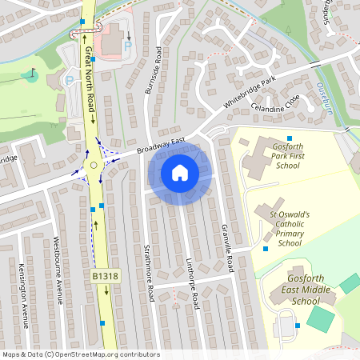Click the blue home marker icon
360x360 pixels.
click(x=180, y=172)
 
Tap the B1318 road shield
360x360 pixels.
click(x=104, y=276)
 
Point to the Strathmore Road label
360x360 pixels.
click(x=146, y=273)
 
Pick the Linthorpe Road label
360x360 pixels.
click(x=193, y=286)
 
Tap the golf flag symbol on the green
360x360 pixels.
click(x=32, y=76)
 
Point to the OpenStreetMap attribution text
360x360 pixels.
click(x=80, y=354)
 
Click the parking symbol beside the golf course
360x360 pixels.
click(x=69, y=81)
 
